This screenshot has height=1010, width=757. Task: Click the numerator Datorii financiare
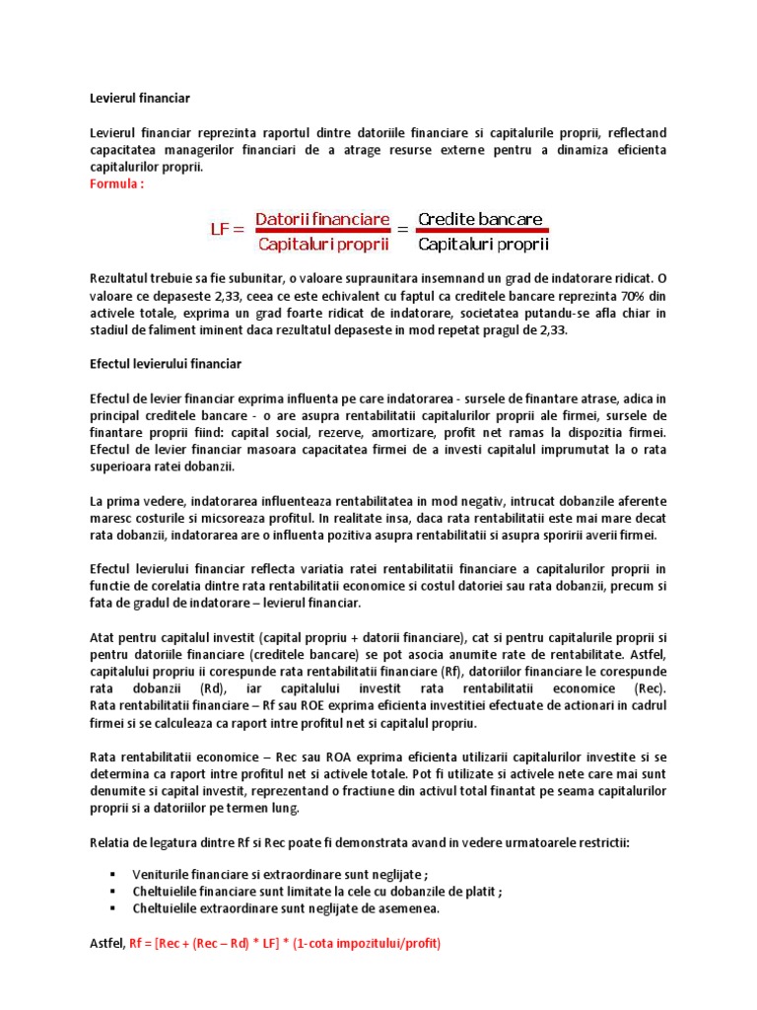(322, 218)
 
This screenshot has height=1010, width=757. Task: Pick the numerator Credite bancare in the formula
(480, 218)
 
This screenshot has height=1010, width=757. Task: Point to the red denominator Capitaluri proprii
(322, 243)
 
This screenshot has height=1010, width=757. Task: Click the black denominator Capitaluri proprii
(483, 243)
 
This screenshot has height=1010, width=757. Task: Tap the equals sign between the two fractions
(403, 230)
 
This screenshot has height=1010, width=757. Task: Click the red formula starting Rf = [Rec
(285, 943)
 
